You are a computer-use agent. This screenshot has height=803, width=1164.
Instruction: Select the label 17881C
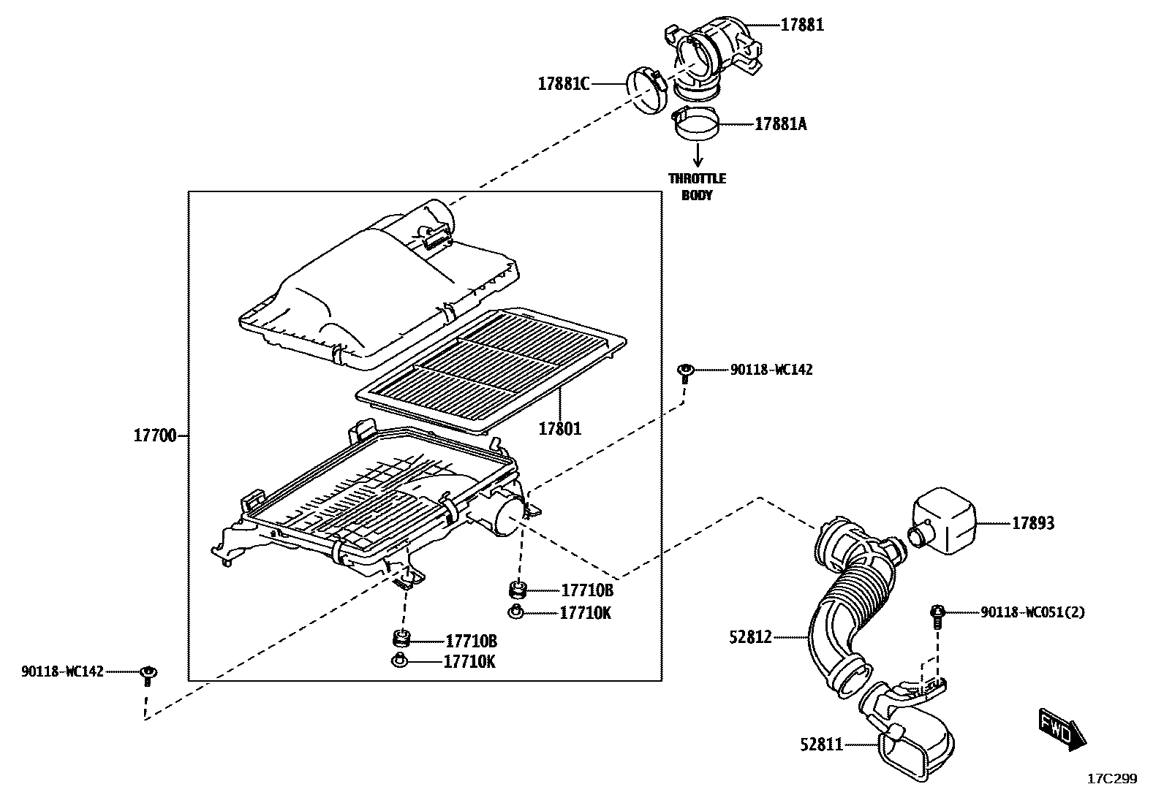(563, 83)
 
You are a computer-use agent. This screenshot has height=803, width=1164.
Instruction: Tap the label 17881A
(780, 124)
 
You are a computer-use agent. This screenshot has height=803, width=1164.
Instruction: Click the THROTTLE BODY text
(698, 187)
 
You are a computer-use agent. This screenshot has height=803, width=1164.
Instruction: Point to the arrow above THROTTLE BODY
(698, 154)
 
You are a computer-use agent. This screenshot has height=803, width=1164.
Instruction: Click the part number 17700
(154, 436)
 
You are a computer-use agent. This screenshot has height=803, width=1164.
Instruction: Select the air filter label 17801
(560, 429)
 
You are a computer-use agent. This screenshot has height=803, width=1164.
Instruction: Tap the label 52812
(750, 638)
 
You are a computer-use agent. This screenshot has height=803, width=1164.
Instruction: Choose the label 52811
(821, 745)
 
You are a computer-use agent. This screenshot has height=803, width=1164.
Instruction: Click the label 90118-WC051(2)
(1032, 612)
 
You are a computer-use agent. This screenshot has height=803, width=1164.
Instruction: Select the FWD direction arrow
(1062, 729)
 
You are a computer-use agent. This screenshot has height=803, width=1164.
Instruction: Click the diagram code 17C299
(1112, 779)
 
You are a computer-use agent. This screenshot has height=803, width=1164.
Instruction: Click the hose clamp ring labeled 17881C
(647, 91)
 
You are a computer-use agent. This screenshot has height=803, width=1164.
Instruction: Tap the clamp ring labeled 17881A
(694, 123)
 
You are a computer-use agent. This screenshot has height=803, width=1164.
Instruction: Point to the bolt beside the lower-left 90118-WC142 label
(149, 674)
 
